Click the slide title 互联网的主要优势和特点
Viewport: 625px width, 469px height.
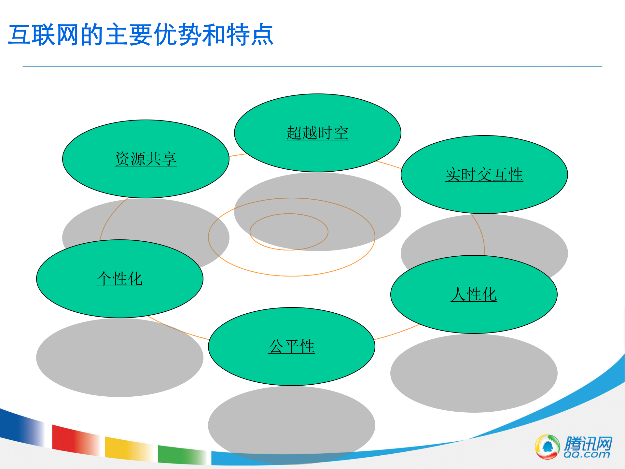(x=141, y=35)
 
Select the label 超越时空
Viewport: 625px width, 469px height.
(x=317, y=133)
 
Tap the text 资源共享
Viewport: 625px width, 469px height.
(x=146, y=159)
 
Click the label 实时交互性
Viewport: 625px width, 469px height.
(x=484, y=175)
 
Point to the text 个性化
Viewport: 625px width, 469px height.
(x=120, y=279)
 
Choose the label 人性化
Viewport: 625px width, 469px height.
(x=474, y=295)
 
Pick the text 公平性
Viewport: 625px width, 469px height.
(x=292, y=347)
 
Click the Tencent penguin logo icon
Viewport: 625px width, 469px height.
(x=547, y=447)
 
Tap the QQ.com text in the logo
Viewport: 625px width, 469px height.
(x=587, y=455)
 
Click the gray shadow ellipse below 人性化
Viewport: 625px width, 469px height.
(x=474, y=375)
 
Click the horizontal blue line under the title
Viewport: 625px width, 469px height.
(x=312, y=66)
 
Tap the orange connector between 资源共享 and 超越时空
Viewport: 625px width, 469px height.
(x=238, y=155)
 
